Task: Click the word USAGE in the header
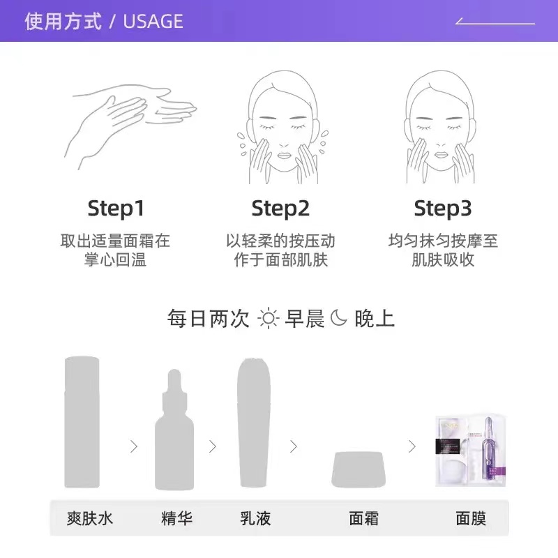pos(153,21)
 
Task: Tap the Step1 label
pos(115,208)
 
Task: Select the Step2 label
pos(280,208)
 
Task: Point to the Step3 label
pos(443,208)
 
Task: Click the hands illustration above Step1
pos(129,126)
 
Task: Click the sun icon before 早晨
pos(268,319)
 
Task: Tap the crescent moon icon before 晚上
pos(338,318)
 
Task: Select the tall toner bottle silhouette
pos(82,422)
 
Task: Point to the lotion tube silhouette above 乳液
pos(254,422)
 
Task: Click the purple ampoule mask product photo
pos(470,451)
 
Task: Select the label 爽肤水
pos(90,519)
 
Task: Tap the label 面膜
pos(470,519)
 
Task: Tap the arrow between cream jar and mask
pos(412,446)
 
